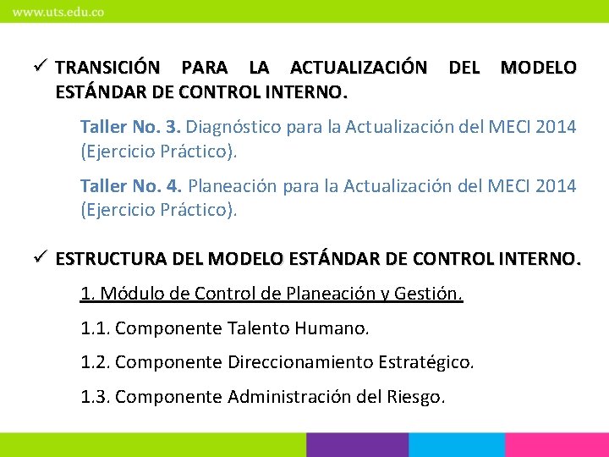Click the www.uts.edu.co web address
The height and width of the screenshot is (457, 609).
[x=58, y=13]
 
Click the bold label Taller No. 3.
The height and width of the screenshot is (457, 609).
[x=130, y=128]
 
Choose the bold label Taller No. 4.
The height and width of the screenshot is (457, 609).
[x=131, y=185]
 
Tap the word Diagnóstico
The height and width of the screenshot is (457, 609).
[x=233, y=128]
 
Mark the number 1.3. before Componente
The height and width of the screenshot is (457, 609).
[x=96, y=397]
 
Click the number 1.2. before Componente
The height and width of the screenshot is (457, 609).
[x=96, y=363]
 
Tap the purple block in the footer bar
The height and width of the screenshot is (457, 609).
[x=356, y=445]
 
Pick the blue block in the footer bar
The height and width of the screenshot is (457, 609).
[x=457, y=445]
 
